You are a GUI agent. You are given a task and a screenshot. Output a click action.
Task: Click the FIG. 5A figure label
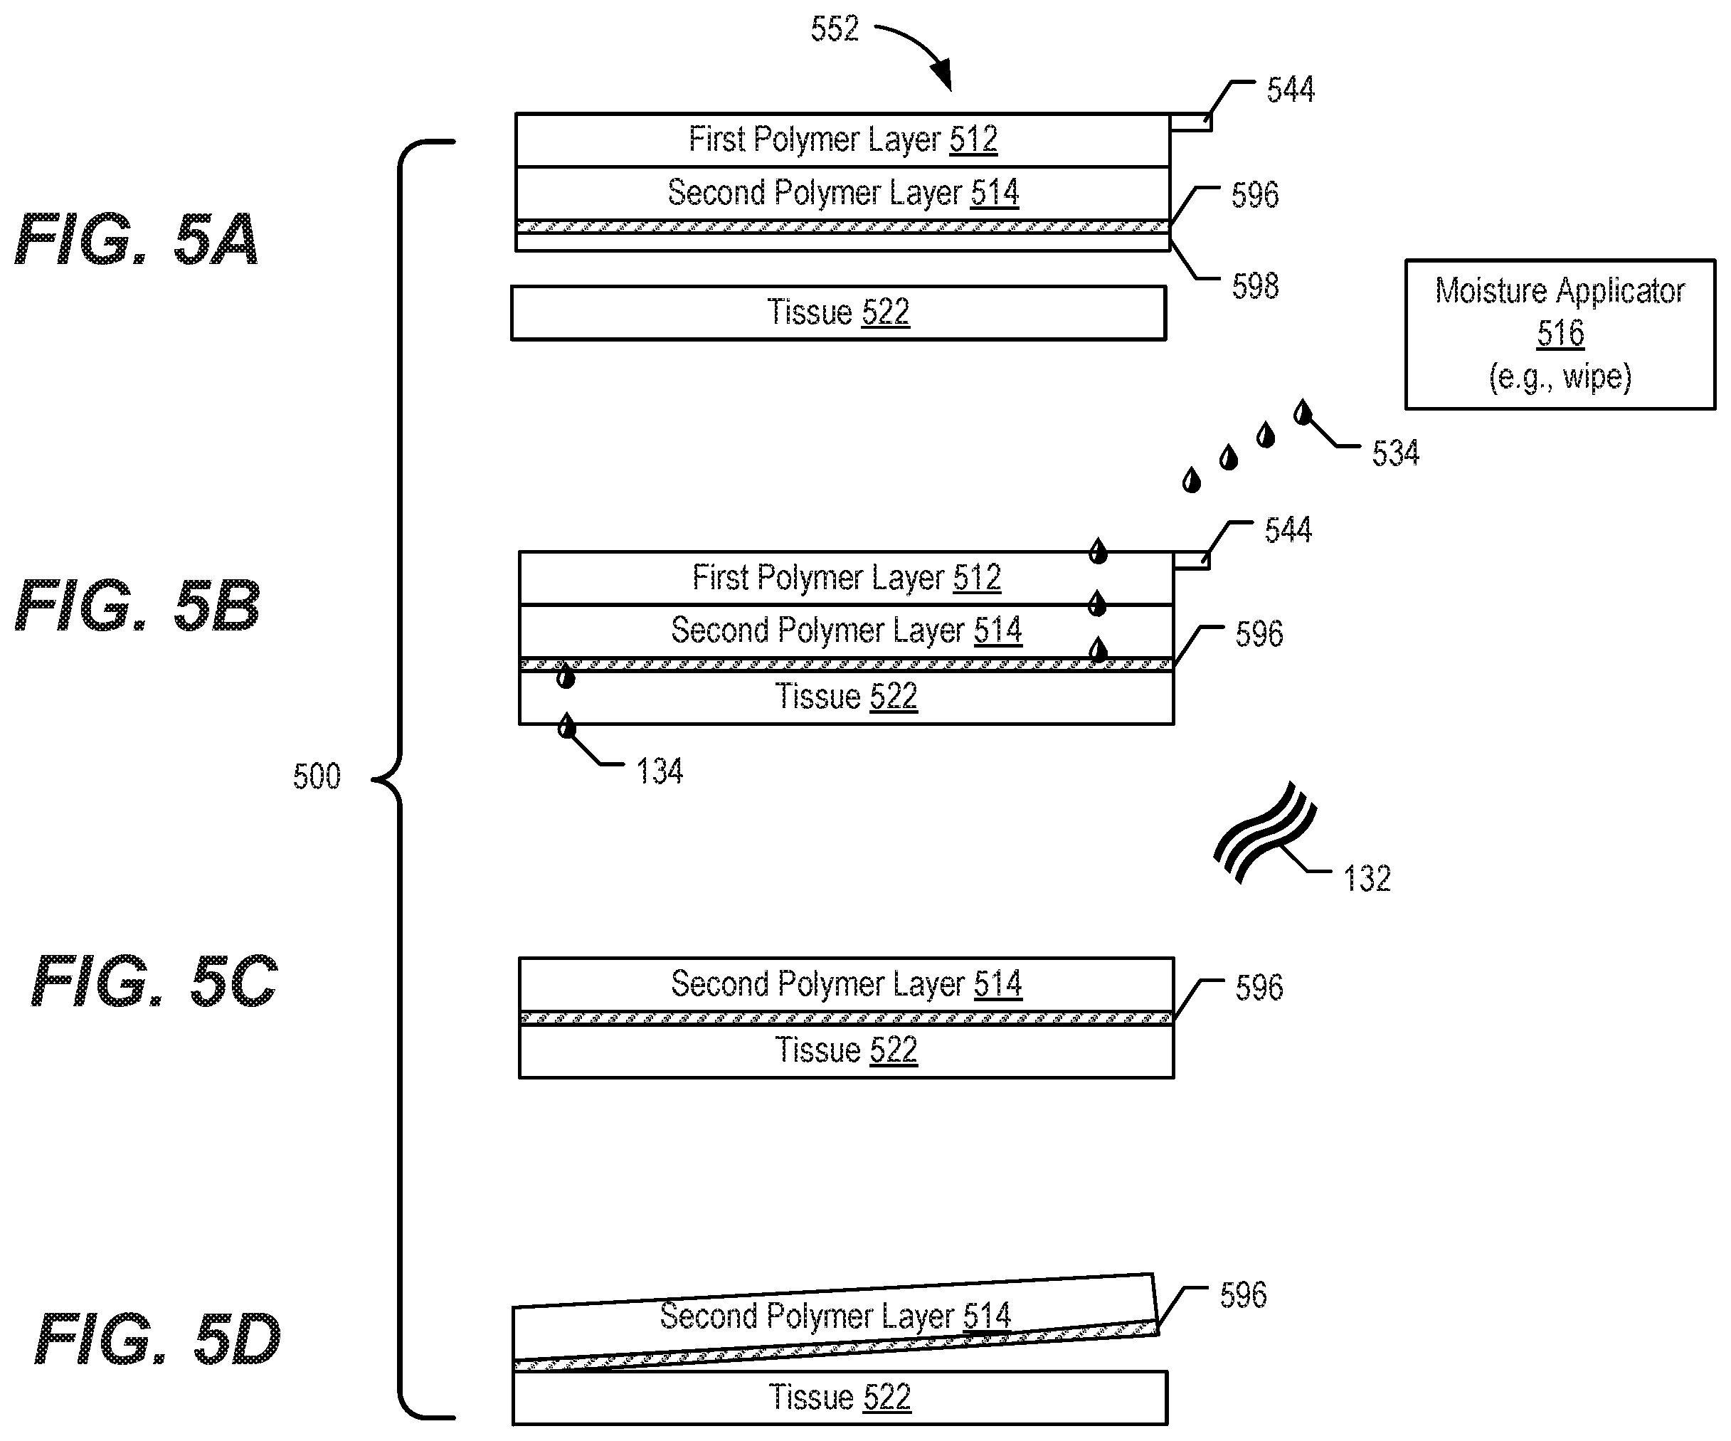pyautogui.click(x=137, y=239)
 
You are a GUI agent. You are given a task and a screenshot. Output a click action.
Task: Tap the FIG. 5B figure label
pyautogui.click(x=137, y=605)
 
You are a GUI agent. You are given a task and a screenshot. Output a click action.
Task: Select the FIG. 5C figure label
pyautogui.click(x=154, y=981)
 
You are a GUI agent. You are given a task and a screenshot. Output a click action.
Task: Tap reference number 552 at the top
pyautogui.click(x=834, y=29)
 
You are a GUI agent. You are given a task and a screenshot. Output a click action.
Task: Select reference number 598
pyautogui.click(x=1254, y=286)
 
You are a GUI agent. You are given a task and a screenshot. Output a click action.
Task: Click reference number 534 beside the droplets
pyautogui.click(x=1394, y=453)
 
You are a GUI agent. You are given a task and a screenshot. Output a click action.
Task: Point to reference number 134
pyautogui.click(x=659, y=771)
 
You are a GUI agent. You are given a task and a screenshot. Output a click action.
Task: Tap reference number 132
pyautogui.click(x=1367, y=878)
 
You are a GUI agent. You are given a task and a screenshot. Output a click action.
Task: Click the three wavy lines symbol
pyautogui.click(x=1264, y=833)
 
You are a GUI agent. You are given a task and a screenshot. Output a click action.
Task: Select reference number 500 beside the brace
pyautogui.click(x=317, y=776)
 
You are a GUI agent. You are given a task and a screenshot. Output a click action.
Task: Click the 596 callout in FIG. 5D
pyautogui.click(x=1243, y=1295)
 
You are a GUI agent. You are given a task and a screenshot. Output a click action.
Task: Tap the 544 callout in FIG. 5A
pyautogui.click(x=1290, y=89)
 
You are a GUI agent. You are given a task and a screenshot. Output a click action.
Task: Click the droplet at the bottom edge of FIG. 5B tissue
pyautogui.click(x=566, y=727)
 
